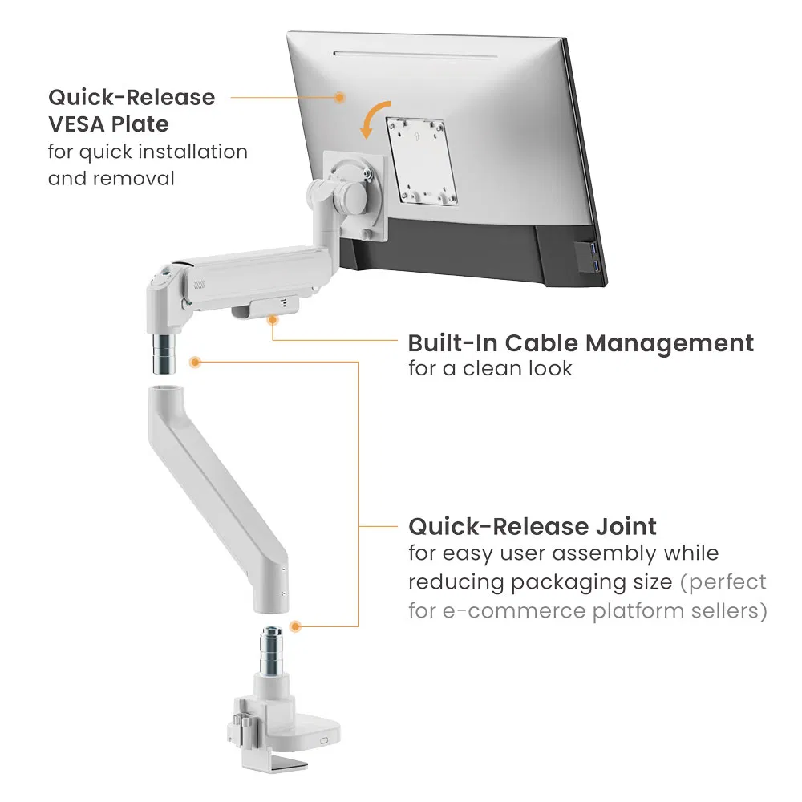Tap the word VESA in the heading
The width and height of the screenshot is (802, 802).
pyautogui.click(x=76, y=124)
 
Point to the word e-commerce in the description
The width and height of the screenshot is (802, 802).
pyautogui.click(x=513, y=611)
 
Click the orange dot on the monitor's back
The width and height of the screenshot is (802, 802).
pyautogui.click(x=339, y=97)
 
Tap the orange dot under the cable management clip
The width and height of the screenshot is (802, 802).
pyautogui.click(x=273, y=320)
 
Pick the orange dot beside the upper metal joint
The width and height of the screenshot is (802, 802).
pyautogui.click(x=195, y=363)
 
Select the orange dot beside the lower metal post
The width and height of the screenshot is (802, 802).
pyautogui.click(x=295, y=626)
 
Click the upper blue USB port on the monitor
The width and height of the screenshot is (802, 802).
pyautogui.click(x=593, y=249)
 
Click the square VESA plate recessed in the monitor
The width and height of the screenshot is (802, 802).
pyautogui.click(x=422, y=161)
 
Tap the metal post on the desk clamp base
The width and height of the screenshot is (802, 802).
pyautogui.click(x=271, y=650)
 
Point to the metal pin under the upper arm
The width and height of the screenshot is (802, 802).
pyautogui.click(x=164, y=354)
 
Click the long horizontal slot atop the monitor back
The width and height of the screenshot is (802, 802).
pyautogui.click(x=415, y=55)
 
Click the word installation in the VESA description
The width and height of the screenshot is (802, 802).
pyautogui.click(x=192, y=152)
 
